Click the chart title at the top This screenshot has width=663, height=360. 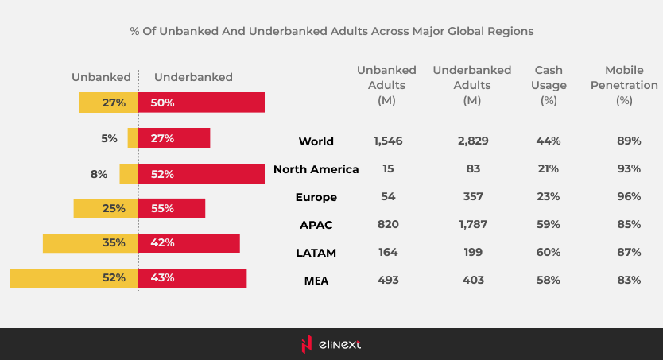coord(331,32)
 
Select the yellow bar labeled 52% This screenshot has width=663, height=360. coord(74,278)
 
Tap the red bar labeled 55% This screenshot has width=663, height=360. coord(172,208)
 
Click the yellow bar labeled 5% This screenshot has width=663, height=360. coord(133,138)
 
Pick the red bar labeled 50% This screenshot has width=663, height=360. coord(201,103)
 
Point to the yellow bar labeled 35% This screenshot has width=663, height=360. coord(91,243)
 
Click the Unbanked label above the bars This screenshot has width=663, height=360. coord(101,78)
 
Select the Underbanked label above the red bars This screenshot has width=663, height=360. coord(193,78)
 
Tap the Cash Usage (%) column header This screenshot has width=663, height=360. coord(549,85)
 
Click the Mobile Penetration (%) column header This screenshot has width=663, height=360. coord(624,85)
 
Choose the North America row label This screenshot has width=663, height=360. coord(316,169)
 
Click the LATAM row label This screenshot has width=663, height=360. coord(316,253)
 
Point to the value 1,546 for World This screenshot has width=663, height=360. coord(388,141)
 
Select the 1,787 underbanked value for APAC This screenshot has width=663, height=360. coord(472,225)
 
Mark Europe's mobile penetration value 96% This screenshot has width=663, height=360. coord(628,197)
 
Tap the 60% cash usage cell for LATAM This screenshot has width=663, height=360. coord(549,253)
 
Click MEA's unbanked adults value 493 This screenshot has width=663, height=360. coord(388,281)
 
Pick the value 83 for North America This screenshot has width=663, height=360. coord(472,169)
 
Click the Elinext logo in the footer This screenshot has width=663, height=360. coord(331,344)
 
